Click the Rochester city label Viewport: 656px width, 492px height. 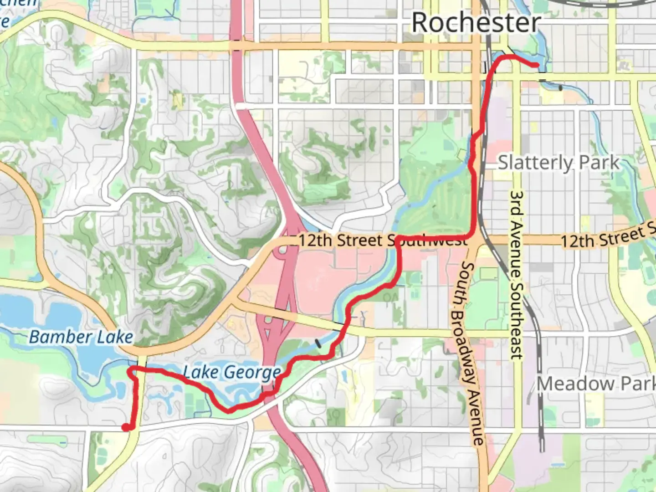pyautogui.click(x=476, y=22)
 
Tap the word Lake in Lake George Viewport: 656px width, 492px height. pyautogui.click(x=200, y=372)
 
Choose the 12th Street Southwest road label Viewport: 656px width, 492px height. pyautogui.click(x=383, y=240)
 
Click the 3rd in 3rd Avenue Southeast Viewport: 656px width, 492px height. pyautogui.click(x=516, y=200)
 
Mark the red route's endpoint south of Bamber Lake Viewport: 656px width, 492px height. pyautogui.click(x=125, y=427)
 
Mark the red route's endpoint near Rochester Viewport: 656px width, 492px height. pyautogui.click(x=535, y=66)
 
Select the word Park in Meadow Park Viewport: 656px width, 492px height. pyautogui.click(x=640, y=384)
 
